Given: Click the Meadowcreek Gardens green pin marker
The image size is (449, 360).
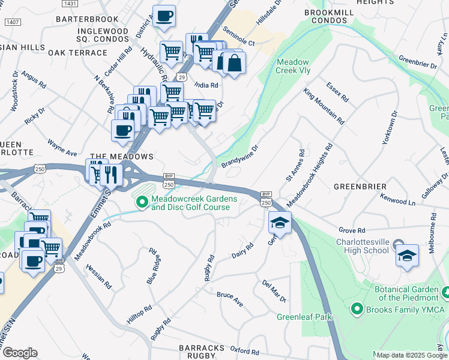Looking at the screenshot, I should pos(142,202).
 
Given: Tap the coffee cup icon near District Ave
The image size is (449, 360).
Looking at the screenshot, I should pos(164,16).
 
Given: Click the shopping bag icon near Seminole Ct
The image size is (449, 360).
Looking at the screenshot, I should pos(234,62).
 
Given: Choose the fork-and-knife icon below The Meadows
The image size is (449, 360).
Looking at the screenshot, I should pos(111,175).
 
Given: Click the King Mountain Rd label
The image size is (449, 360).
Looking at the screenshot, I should pos(324,106).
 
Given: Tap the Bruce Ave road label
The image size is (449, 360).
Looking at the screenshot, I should pos(229,298).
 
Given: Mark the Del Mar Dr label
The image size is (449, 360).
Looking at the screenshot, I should pos(274,290).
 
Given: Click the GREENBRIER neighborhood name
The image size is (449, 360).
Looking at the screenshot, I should pos(360,187).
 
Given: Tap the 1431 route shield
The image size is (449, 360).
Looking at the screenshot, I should pos(70,4).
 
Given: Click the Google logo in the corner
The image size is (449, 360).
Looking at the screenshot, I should pos(19,353).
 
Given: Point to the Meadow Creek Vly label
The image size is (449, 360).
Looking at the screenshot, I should pos(292,67).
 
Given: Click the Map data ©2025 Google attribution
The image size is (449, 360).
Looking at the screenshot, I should pos(412,355).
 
